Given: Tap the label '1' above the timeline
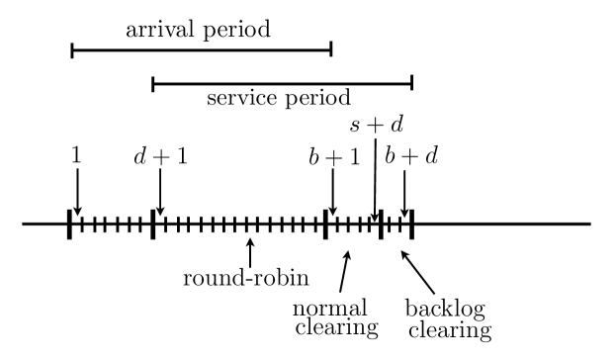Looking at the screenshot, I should point(75,157).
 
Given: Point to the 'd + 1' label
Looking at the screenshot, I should point(159,157).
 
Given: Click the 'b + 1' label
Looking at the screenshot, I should point(332,157).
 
